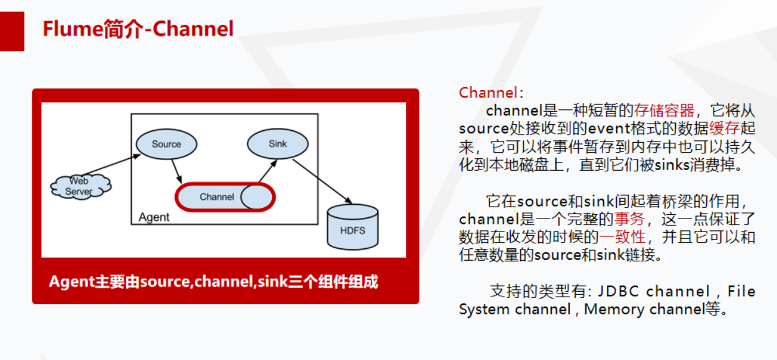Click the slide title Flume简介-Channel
(x=138, y=29)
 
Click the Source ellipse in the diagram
(x=166, y=145)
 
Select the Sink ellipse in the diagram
(x=277, y=144)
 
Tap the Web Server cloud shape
(x=80, y=186)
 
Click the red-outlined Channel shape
(x=225, y=197)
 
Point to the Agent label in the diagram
(x=154, y=217)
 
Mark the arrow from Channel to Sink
(x=265, y=171)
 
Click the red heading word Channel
(x=487, y=93)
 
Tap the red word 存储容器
(x=664, y=111)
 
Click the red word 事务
(x=629, y=219)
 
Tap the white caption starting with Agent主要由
(x=213, y=282)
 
